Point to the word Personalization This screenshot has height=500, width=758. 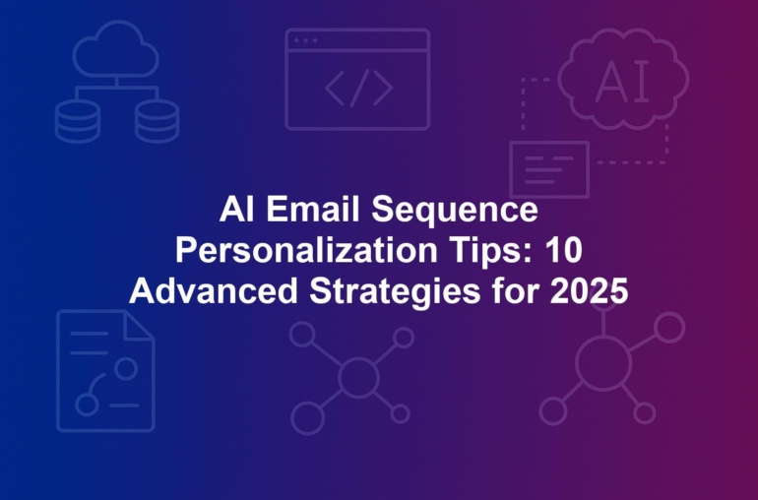click(x=306, y=250)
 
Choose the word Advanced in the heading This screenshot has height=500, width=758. click(x=214, y=291)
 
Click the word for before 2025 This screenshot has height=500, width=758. click(x=515, y=290)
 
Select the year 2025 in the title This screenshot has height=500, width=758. click(x=589, y=291)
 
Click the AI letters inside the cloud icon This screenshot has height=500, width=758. click(x=622, y=83)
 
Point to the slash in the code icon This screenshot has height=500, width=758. click(x=359, y=88)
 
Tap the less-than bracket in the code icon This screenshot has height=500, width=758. click(x=335, y=88)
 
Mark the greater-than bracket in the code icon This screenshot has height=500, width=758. click(x=383, y=88)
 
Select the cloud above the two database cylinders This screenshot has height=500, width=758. click(x=116, y=49)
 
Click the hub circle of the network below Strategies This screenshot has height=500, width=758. click(x=358, y=377)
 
